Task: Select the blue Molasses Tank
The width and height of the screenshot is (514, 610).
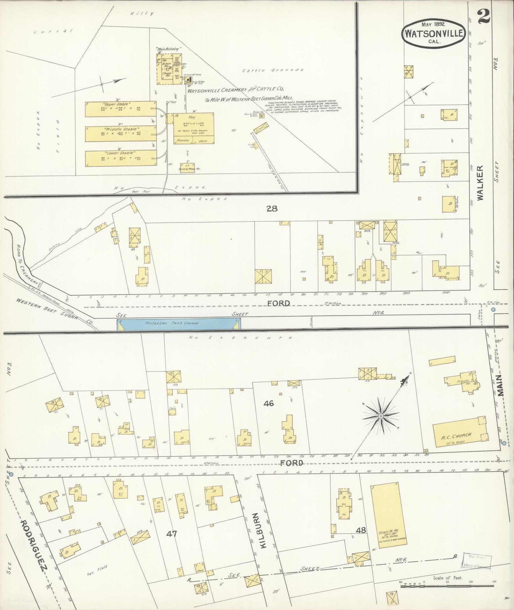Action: coord(178,323)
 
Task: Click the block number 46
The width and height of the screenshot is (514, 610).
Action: coord(268,403)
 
